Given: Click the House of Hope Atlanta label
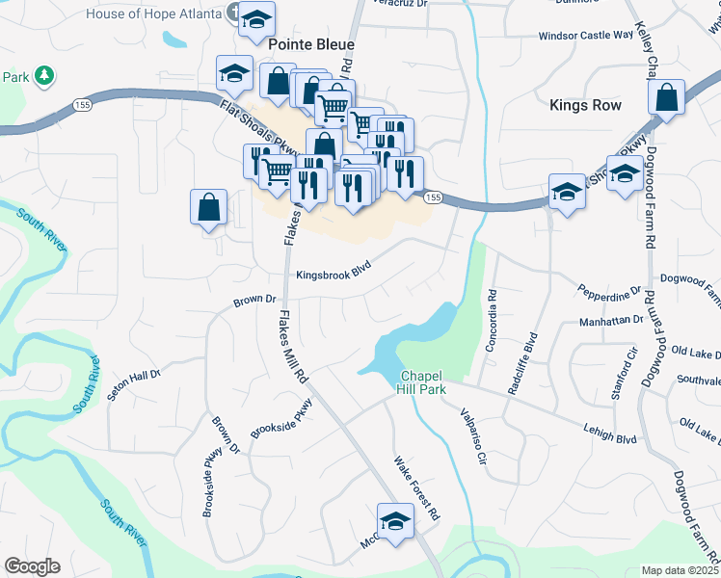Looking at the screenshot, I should click(154, 13).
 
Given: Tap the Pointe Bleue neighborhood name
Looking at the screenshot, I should click(310, 44).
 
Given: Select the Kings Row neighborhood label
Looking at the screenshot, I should click(584, 105).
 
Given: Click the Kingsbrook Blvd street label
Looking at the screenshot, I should click(334, 273).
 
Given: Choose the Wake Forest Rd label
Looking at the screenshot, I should click(416, 488).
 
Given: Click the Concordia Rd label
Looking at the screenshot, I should click(492, 320).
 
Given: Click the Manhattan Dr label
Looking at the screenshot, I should click(610, 320).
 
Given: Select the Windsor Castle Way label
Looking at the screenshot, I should click(586, 35).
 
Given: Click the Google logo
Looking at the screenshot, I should click(32, 566).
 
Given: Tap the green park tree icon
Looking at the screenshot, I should click(43, 75).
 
